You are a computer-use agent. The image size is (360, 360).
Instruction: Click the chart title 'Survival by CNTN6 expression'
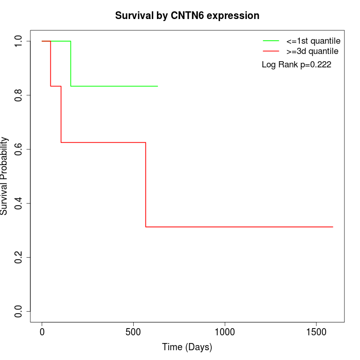pyautogui.click(x=187, y=15)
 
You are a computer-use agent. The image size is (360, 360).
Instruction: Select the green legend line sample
pyautogui.click(x=271, y=40)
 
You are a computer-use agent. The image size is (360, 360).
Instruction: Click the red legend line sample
pyautogui.click(x=271, y=51)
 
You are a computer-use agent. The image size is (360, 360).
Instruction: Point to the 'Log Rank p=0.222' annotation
pyautogui.click(x=296, y=65)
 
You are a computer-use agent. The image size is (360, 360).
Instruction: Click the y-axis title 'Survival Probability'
pyautogui.click(x=5, y=176)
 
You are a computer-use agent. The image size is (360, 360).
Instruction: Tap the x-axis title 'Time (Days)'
pyautogui.click(x=187, y=347)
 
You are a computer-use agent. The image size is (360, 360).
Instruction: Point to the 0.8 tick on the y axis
pyautogui.click(x=19, y=95)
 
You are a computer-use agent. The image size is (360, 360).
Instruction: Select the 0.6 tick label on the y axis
pyautogui.click(x=19, y=149)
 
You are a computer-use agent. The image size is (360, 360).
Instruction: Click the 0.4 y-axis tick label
pyautogui.click(x=19, y=203)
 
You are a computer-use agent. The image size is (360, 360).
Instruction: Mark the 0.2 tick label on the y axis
pyautogui.click(x=19, y=257)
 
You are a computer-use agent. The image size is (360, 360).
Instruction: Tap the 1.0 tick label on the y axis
pyautogui.click(x=19, y=41)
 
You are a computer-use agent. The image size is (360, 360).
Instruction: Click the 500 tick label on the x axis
pyautogui.click(x=133, y=332)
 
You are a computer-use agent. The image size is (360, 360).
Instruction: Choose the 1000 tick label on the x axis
pyautogui.click(x=225, y=332)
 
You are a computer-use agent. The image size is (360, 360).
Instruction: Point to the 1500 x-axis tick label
pyautogui.click(x=316, y=332)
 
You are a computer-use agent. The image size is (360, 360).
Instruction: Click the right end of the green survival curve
pyautogui.click(x=157, y=86)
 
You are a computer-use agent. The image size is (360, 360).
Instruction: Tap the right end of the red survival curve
pyautogui.click(x=333, y=227)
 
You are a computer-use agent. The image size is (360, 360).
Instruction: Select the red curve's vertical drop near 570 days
pyautogui.click(x=146, y=185)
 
